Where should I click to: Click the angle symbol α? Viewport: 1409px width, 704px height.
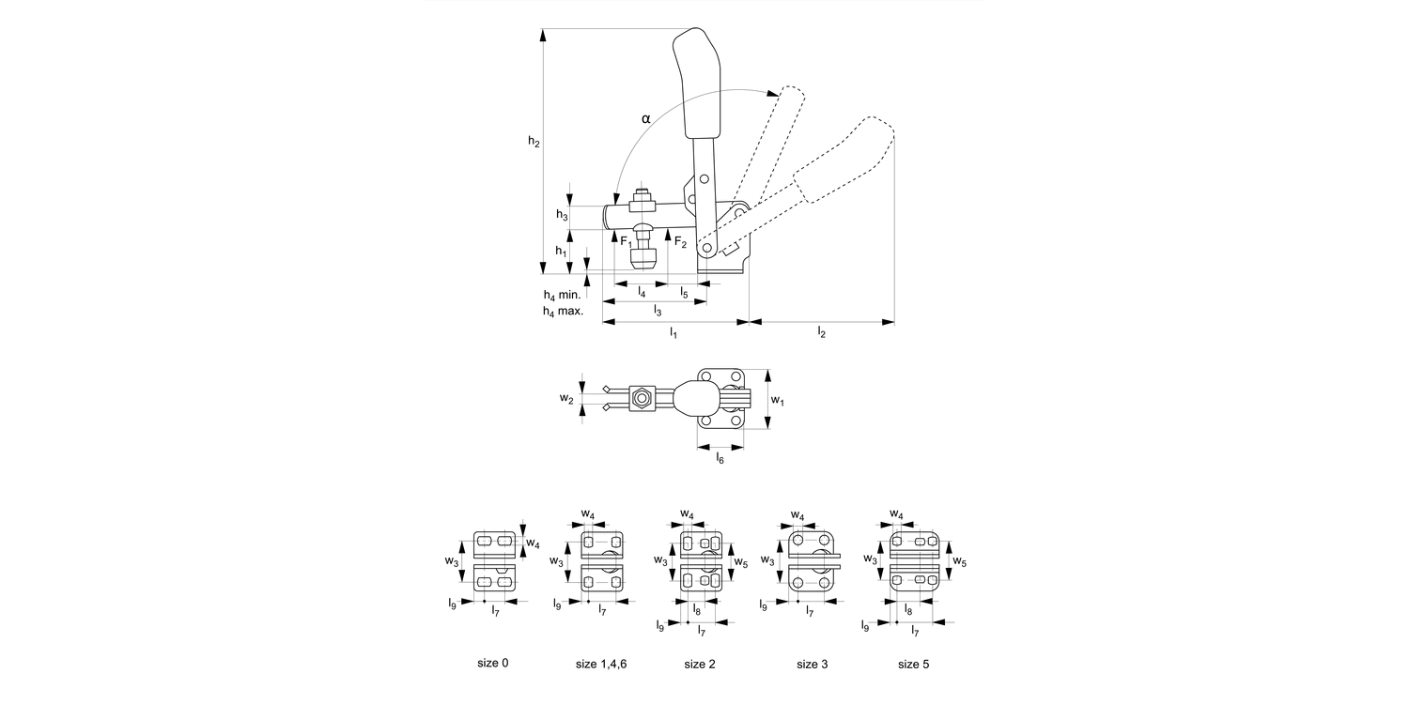645,118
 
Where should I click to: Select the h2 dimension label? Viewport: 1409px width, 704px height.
533,142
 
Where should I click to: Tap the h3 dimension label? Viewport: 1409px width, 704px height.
562,215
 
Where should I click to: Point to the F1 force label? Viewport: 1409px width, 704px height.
627,242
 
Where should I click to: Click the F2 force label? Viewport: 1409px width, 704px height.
679,243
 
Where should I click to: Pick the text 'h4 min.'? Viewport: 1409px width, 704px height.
563,294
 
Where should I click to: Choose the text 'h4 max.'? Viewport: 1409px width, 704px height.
563,311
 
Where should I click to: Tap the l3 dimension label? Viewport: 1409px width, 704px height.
658,311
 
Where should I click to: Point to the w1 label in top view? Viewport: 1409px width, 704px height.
778,400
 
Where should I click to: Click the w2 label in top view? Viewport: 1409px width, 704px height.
565,399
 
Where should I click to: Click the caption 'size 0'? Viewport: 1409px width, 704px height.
493,663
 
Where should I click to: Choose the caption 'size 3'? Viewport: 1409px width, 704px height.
813,664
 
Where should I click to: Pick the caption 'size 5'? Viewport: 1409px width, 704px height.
913,664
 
